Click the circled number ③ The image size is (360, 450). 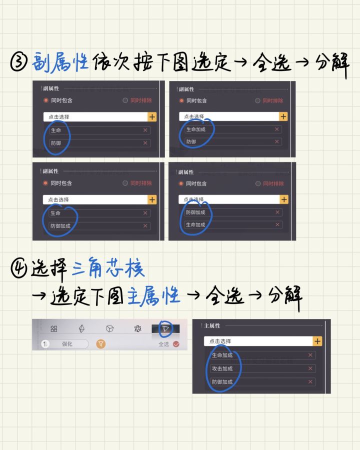click(x=19, y=62)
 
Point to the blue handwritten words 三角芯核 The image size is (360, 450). click(x=108, y=268)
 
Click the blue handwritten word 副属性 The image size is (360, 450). click(x=60, y=62)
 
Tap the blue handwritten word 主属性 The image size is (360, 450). click(x=153, y=295)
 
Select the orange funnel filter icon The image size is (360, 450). click(x=101, y=343)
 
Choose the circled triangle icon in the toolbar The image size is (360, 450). click(x=165, y=328)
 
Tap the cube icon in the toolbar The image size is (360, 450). click(x=109, y=328)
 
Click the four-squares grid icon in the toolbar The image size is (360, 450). click(x=53, y=328)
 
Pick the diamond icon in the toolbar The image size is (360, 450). click(x=81, y=328)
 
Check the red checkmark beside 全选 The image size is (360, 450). click(x=176, y=344)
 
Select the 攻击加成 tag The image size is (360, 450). click(x=222, y=368)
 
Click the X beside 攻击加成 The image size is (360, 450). click(x=310, y=368)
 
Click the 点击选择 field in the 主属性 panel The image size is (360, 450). click(x=258, y=341)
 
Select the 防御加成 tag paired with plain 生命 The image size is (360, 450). click(x=60, y=226)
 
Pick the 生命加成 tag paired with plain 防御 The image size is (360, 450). click(x=196, y=129)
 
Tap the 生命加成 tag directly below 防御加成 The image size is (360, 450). click(x=195, y=224)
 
